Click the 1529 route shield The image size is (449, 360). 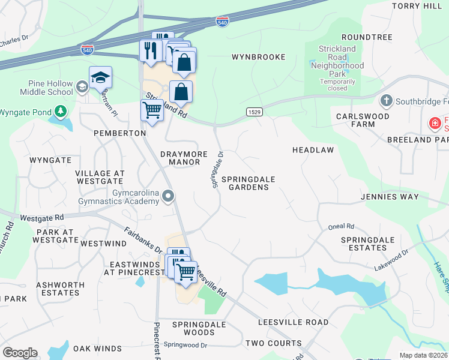point(253,112)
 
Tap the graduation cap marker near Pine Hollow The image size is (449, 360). point(100,77)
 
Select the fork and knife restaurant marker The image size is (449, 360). point(151,50)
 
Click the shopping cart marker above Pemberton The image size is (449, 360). point(152,110)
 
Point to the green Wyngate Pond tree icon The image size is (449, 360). point(60,112)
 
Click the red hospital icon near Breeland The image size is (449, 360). point(433,124)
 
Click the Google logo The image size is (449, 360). point(20,353)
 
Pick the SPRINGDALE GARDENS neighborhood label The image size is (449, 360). point(245,183)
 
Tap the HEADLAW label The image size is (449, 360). point(313,149)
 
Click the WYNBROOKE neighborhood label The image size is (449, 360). point(258,57)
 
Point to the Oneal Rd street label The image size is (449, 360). point(341,227)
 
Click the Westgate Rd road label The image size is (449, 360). point(41,218)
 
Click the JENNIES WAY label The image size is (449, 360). point(403,197)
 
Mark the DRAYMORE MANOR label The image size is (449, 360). point(188,158)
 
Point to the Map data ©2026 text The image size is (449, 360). point(424,355)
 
